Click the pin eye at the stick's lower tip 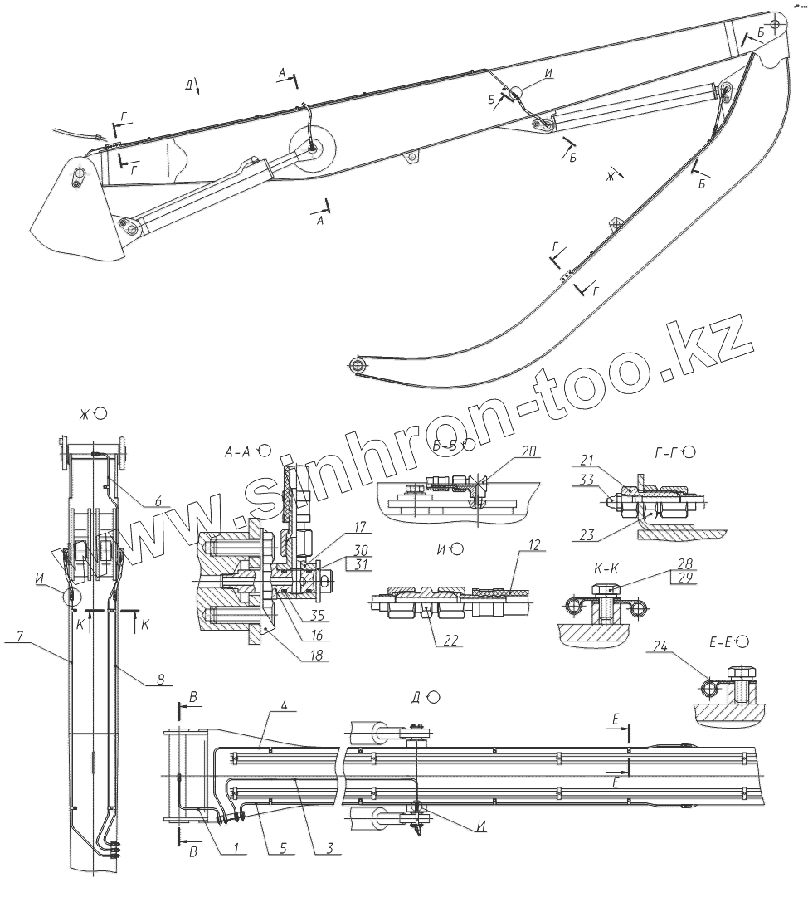tap(357, 364)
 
